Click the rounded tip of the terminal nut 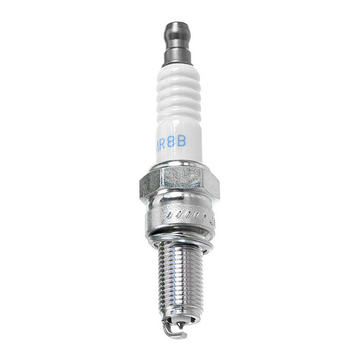[178, 26]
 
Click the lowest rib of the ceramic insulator [178, 115]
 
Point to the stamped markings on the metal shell [185, 214]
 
